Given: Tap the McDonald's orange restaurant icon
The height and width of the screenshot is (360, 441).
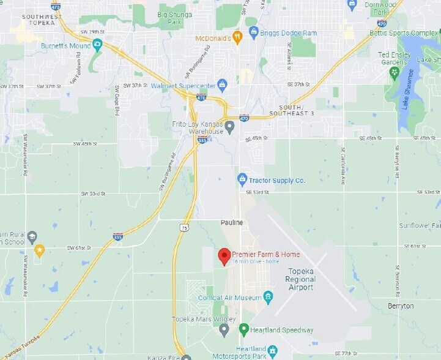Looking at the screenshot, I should click(237, 37).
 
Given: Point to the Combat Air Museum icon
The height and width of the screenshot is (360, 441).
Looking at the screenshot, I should click(268, 298).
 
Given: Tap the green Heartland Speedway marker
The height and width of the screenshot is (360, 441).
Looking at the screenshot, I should click(243, 329).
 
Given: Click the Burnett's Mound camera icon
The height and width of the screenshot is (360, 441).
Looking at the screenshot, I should click(97, 45).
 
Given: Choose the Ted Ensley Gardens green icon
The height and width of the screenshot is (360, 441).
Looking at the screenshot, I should click(394, 73).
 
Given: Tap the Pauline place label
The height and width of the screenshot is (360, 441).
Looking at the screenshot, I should click(232, 222).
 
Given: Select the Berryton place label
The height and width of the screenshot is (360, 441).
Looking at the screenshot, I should click(401, 306).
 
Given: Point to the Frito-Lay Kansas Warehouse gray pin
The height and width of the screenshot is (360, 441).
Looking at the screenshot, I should click(229, 127).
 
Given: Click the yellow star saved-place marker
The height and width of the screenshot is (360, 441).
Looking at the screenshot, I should click(39, 250).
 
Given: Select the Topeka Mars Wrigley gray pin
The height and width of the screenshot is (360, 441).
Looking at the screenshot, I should click(224, 330).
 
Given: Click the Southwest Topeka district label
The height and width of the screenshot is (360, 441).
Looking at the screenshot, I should click(41, 20).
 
